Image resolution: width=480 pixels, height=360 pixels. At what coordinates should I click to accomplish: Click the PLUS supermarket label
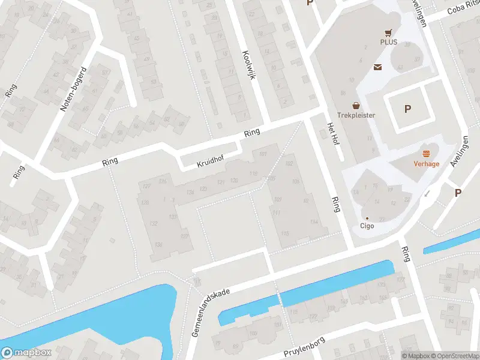[x=389, y=42]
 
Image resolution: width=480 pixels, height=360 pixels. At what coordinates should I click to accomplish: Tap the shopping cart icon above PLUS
[x=389, y=32]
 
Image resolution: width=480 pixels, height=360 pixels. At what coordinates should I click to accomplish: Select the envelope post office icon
[x=379, y=67]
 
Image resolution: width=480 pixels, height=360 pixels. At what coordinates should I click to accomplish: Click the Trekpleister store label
[x=356, y=115]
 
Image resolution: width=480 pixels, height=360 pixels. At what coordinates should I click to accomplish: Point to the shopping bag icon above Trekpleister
[x=356, y=105]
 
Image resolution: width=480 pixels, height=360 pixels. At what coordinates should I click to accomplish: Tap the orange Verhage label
[x=426, y=163]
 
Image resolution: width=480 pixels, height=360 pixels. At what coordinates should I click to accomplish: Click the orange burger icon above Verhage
[x=426, y=154]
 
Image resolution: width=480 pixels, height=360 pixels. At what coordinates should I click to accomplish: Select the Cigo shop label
[x=367, y=226]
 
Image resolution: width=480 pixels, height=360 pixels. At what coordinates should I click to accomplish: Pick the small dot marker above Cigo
[x=367, y=218]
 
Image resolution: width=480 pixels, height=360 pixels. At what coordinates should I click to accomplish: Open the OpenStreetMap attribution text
[x=457, y=356]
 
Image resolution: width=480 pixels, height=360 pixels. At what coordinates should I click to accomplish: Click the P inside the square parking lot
[x=408, y=109]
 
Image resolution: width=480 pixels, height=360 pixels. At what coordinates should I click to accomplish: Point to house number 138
[x=159, y=245]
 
